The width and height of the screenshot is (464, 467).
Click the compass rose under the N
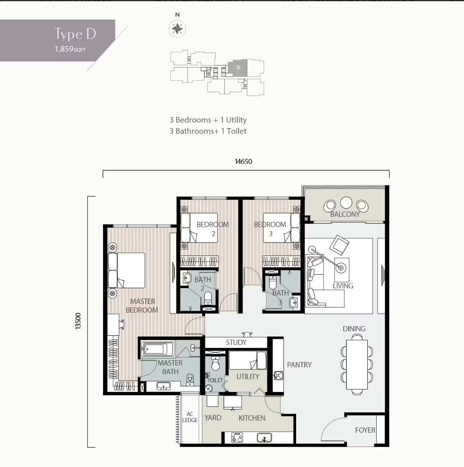tap(177, 29)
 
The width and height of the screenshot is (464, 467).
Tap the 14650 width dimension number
tap(243, 161)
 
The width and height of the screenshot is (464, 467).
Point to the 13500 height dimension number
tap(78, 321)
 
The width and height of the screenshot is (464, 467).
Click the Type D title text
tap(75, 34)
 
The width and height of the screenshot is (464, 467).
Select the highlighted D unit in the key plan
tap(238, 68)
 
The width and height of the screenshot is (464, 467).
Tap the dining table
tap(357, 364)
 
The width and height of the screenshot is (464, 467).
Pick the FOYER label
tap(365, 430)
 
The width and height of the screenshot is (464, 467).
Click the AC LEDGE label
tap(190, 417)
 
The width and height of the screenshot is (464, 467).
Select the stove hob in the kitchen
tap(237, 437)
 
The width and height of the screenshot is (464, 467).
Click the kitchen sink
tap(264, 437)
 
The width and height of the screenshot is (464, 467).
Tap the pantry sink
tap(278, 376)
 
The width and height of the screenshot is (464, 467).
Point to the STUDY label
tap(236, 342)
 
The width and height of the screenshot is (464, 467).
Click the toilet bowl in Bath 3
tap(273, 283)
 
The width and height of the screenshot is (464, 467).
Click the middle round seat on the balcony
tap(346, 203)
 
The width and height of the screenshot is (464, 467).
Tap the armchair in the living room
tap(339, 245)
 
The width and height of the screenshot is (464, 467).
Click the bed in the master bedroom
tap(126, 271)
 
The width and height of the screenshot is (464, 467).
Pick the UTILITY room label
tap(247, 377)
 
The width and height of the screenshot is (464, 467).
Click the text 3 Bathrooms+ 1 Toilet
tap(208, 131)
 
